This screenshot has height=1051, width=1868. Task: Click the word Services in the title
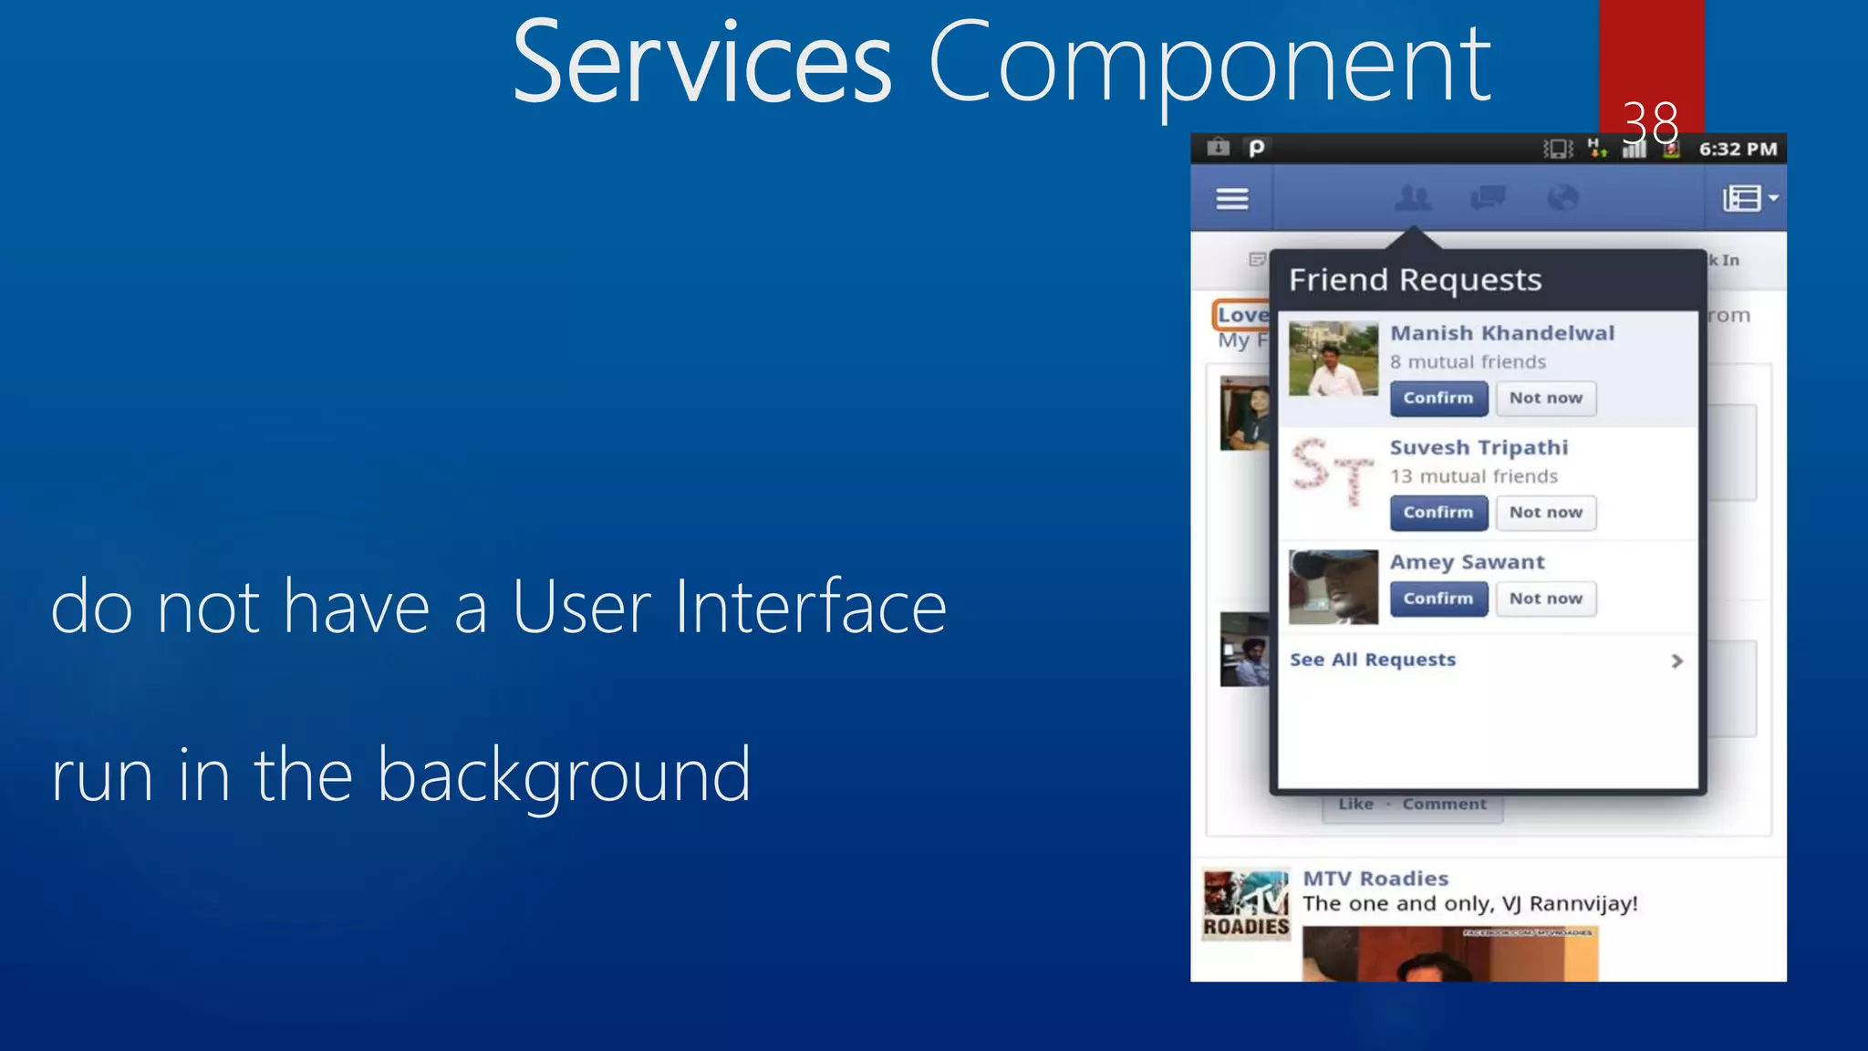pyautogui.click(x=701, y=64)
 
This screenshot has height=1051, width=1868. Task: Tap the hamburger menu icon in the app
pyautogui.click(x=1232, y=198)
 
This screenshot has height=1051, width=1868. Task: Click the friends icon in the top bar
pyautogui.click(x=1413, y=197)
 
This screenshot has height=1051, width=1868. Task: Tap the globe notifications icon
pyautogui.click(x=1562, y=197)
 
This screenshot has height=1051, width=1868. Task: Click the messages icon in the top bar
pyautogui.click(x=1488, y=197)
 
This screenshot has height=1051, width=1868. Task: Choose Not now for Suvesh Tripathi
pyautogui.click(x=1545, y=513)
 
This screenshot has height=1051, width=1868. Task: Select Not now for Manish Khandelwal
pyautogui.click(x=1545, y=399)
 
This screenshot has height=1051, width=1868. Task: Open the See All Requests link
pyautogui.click(x=1373, y=660)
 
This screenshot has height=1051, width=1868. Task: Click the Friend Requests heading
pyautogui.click(x=1415, y=280)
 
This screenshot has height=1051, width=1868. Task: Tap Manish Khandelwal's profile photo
pyautogui.click(x=1333, y=359)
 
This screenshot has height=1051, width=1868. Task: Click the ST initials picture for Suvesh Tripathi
pyautogui.click(x=1333, y=472)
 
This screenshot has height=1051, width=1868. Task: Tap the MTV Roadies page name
pyautogui.click(x=1375, y=879)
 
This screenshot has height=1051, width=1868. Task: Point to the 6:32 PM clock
pyautogui.click(x=1738, y=149)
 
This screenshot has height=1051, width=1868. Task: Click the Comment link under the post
pyautogui.click(x=1444, y=804)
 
